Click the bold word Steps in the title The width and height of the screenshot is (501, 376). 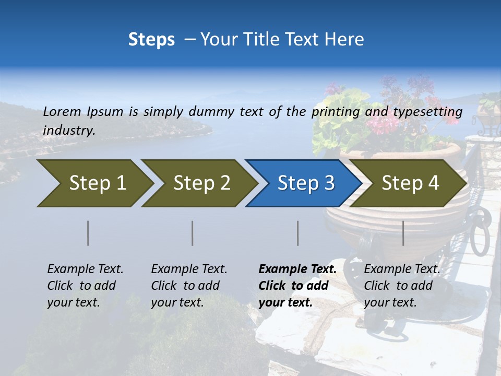[151, 40]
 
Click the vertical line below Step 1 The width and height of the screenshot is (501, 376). [88, 233]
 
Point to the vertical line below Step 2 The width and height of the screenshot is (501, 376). [193, 233]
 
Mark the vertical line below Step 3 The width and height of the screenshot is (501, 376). [298, 233]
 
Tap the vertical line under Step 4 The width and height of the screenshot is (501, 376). [403, 233]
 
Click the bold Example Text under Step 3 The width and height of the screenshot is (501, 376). [297, 286]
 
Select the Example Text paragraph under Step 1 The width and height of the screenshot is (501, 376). [85, 286]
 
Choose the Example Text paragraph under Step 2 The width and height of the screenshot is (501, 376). [189, 286]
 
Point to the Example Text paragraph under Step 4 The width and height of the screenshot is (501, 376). [402, 286]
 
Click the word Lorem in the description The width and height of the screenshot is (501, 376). [62, 112]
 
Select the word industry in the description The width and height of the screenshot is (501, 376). [69, 131]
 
